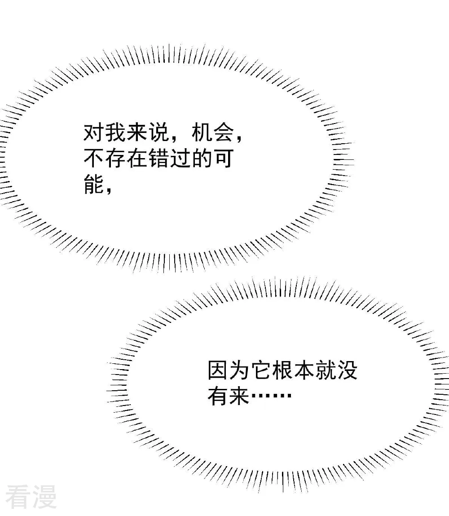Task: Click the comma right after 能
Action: coord(109,190)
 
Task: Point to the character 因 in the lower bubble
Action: coord(218,370)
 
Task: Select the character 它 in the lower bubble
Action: coord(261,370)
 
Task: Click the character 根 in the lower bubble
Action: coord(282,370)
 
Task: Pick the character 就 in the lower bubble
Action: coord(326,370)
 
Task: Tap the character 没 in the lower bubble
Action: coord(347,370)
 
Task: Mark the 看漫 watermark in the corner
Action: coord(31,497)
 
